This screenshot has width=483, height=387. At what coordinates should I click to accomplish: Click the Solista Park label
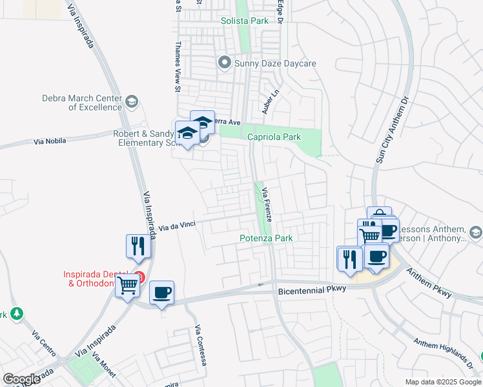[x=245, y=21]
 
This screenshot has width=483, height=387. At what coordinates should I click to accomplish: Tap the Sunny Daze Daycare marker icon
[x=225, y=63]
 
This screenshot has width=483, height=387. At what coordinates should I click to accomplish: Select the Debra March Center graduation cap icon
[x=132, y=101]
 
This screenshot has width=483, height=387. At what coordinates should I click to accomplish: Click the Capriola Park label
[x=274, y=137]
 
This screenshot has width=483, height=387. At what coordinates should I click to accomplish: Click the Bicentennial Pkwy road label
[x=313, y=291]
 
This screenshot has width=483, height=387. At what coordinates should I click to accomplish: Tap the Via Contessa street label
[x=200, y=346]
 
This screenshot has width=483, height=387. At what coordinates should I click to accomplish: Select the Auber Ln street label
[x=271, y=102]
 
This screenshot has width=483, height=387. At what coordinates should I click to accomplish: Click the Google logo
[x=21, y=379]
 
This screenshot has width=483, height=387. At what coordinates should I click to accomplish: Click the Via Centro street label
[x=45, y=346]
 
